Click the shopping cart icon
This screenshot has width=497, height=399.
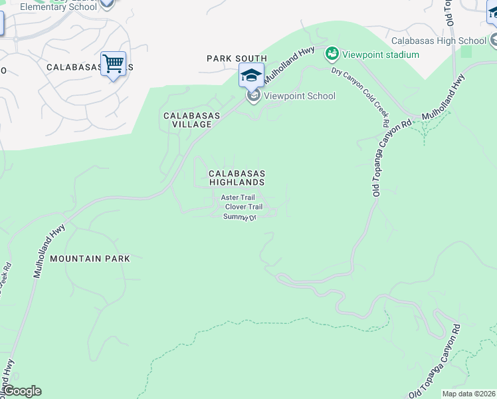(x=113, y=65)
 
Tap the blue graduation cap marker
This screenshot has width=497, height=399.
(x=251, y=74)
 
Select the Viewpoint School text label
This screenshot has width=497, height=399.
(x=300, y=96)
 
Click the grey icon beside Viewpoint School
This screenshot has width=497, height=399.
(x=253, y=96)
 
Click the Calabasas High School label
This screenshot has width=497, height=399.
(x=439, y=41)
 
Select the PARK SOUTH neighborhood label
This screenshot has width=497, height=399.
(x=237, y=59)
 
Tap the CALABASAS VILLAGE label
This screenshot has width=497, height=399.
(x=192, y=120)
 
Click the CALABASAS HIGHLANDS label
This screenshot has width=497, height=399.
(x=237, y=178)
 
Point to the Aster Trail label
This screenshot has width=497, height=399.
(x=238, y=198)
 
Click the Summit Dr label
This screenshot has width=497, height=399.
(x=240, y=217)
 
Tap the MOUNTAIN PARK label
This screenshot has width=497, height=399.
(x=90, y=258)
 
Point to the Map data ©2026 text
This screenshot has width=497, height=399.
(x=468, y=394)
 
